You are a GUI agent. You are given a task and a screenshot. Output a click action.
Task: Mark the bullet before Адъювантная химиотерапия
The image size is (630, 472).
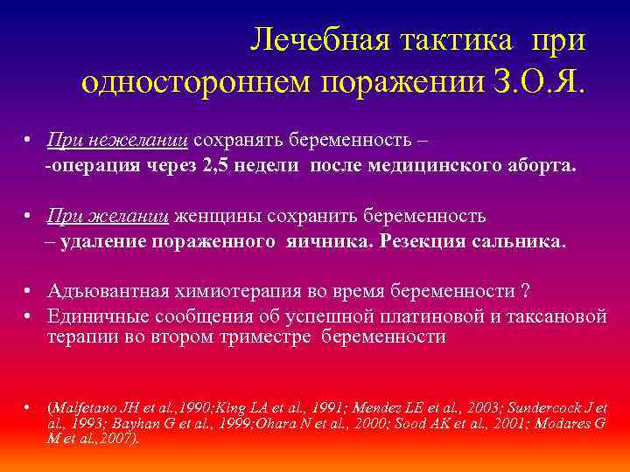tap(29, 291)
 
